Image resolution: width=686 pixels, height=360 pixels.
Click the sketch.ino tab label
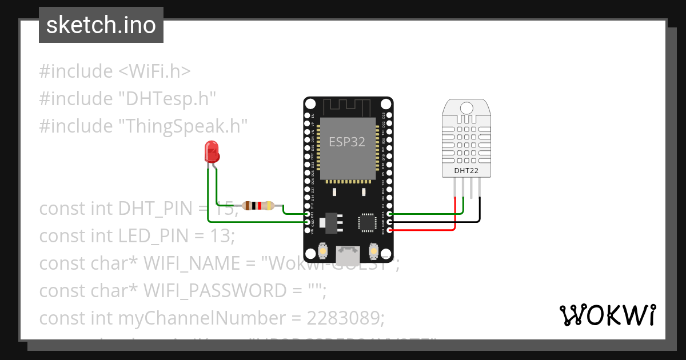101,26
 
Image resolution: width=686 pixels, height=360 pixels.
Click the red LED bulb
212,152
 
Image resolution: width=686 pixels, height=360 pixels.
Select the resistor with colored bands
258,206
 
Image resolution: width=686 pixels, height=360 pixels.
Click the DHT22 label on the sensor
466,170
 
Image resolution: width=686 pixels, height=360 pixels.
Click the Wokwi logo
607,315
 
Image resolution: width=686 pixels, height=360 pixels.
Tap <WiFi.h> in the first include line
154,71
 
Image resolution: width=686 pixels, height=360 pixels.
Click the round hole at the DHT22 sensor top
466,107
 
